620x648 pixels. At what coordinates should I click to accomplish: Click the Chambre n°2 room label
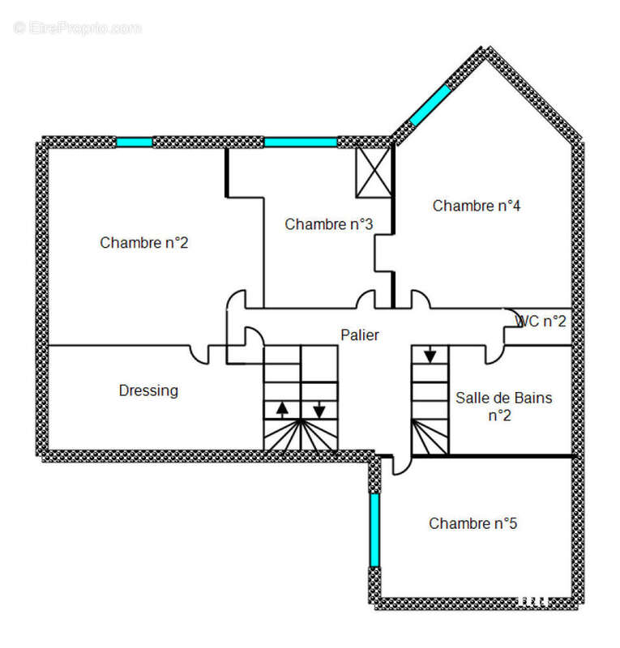144,242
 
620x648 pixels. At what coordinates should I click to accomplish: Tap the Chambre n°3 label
329,224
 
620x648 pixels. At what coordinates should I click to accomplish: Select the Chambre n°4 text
477,206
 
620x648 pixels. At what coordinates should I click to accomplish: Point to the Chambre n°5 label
472,523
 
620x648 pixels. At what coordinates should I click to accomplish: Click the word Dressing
148,391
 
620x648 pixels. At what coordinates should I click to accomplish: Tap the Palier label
359,335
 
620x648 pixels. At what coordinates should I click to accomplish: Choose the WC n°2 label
541,321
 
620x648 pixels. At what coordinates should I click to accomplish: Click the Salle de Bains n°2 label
504,407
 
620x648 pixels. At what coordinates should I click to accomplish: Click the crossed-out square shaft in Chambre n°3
374,173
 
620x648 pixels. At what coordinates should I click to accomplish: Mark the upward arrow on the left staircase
282,409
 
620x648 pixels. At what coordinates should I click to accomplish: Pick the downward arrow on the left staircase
319,410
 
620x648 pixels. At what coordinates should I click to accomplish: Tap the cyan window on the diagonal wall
430,105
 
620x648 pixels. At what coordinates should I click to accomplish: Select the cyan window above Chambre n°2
135,143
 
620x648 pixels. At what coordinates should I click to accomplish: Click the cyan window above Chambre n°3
301,143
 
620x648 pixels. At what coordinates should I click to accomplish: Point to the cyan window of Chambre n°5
374,530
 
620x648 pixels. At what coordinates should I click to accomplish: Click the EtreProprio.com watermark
77,28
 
